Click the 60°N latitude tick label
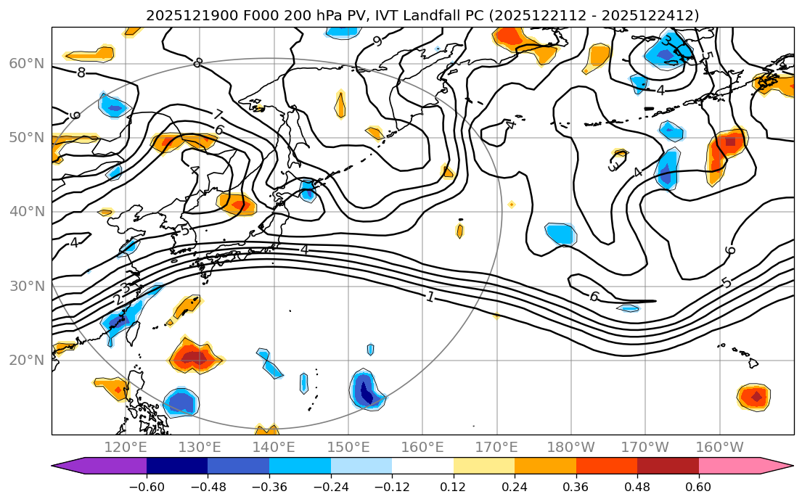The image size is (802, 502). click(x=26, y=63)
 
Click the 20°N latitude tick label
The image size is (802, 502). click(x=26, y=361)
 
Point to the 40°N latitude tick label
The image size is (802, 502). click(x=26, y=212)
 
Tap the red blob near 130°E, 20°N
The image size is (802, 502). click(x=195, y=357)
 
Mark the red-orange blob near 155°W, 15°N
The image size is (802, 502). click(x=755, y=397)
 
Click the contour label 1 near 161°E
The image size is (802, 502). click(x=430, y=297)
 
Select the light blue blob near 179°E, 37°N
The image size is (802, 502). click(x=560, y=234)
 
